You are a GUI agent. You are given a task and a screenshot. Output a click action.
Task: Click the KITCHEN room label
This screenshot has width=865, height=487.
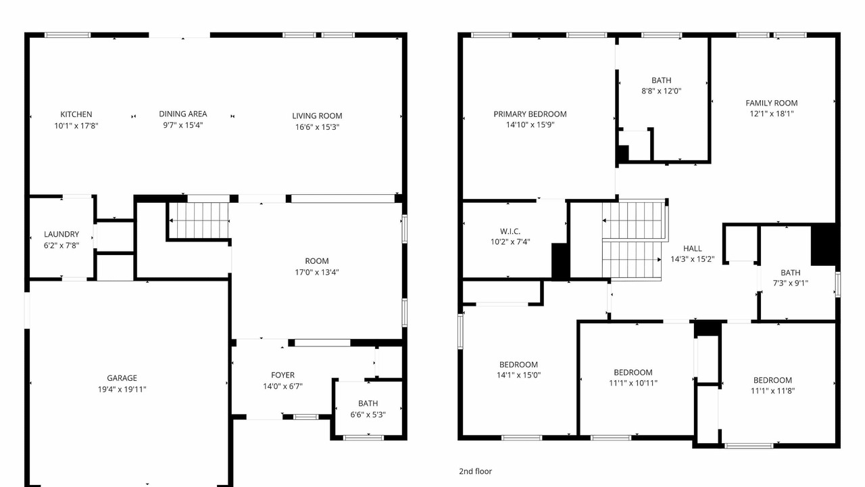tap(76, 114)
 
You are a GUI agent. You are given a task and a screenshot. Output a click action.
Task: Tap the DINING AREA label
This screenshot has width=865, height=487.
tap(183, 114)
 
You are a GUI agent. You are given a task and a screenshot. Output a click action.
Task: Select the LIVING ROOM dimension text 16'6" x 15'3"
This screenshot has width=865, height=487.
tap(317, 127)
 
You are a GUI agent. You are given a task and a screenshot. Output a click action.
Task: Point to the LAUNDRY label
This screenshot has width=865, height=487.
tap(61, 234)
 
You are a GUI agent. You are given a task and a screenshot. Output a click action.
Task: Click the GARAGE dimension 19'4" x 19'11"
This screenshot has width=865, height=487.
tap(122, 389)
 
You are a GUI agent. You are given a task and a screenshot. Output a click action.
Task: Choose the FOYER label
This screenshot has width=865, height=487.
tap(282, 375)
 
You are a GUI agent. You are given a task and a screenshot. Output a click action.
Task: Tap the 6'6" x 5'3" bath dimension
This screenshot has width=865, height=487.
tap(368, 415)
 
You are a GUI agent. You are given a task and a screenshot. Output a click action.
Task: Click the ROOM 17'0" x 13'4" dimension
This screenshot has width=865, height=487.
tap(317, 272)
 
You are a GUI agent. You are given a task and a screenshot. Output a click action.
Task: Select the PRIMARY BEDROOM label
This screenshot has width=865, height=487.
tap(530, 114)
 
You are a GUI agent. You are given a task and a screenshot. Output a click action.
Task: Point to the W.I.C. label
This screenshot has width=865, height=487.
tap(510, 231)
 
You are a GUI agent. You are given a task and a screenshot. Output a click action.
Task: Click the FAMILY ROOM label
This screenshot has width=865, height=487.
tap(772, 103)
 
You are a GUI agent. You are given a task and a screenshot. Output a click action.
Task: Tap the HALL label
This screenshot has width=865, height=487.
tap(693, 248)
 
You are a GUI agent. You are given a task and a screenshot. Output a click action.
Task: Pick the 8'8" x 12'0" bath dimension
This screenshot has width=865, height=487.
tap(662, 91)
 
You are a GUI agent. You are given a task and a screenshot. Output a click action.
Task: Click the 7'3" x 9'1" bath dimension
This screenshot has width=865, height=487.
tap(791, 283)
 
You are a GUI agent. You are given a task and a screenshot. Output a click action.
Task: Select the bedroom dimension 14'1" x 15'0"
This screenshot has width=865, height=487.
tap(518, 375)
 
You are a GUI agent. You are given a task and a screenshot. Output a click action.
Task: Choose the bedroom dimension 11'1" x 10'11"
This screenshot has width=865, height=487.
tap(633, 383)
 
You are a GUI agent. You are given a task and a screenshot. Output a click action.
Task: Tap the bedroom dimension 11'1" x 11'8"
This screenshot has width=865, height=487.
tap(772, 391)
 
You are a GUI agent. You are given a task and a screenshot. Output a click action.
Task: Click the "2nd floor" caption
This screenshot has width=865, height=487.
tap(475, 471)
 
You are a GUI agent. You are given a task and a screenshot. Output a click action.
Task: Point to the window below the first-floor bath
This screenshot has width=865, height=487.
tap(364, 438)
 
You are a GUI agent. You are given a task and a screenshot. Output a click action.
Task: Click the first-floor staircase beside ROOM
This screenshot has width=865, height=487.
tap(199, 221)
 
